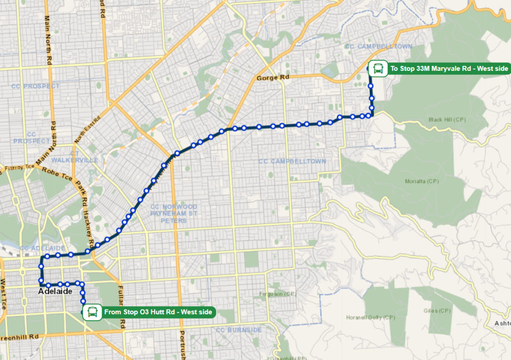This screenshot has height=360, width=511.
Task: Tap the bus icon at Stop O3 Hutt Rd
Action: pos(92,313)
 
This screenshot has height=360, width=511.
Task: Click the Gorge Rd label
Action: pos(273,78)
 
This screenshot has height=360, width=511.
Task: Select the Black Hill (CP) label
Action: pos(447,119)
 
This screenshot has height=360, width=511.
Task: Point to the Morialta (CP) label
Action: pos(422,181)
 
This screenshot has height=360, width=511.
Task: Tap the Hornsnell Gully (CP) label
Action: pos(371,317)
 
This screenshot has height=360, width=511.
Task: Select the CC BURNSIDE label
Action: pos(239,330)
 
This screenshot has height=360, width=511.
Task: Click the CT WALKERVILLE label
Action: pos(75,157)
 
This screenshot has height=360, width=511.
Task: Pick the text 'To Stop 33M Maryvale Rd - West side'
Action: pos(449,68)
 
